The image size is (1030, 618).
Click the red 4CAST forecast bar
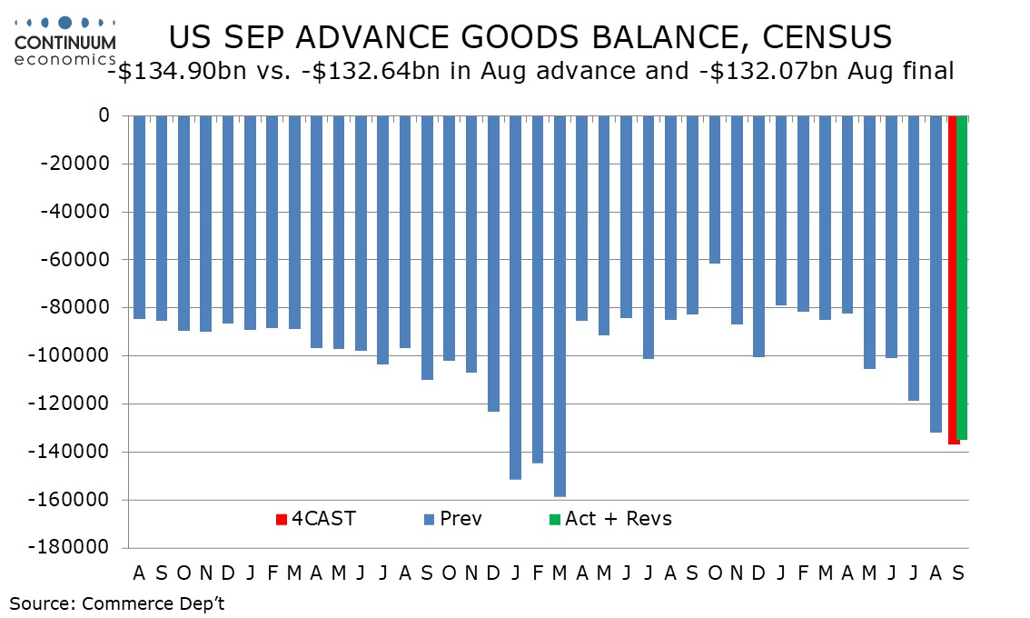click(x=953, y=280)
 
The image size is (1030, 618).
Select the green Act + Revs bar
click(x=963, y=277)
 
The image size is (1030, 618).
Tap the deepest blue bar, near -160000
click(x=560, y=305)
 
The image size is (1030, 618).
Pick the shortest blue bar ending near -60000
click(x=715, y=189)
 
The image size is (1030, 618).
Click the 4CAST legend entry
click(x=316, y=519)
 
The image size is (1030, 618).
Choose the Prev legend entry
click(x=452, y=519)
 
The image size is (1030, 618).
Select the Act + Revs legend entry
click(x=610, y=519)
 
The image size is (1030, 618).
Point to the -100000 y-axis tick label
click(x=68, y=355)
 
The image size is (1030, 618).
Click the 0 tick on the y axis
click(x=104, y=115)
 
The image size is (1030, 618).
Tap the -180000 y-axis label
click(x=68, y=547)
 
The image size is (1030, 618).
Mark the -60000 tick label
click(x=74, y=259)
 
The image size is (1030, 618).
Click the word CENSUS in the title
click(x=827, y=37)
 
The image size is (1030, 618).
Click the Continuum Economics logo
click(x=65, y=42)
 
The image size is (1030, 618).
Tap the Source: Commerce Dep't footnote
click(x=117, y=603)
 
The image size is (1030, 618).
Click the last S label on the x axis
click(x=958, y=573)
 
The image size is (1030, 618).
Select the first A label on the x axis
click(x=139, y=573)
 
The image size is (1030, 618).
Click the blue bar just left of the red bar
click(x=936, y=274)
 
